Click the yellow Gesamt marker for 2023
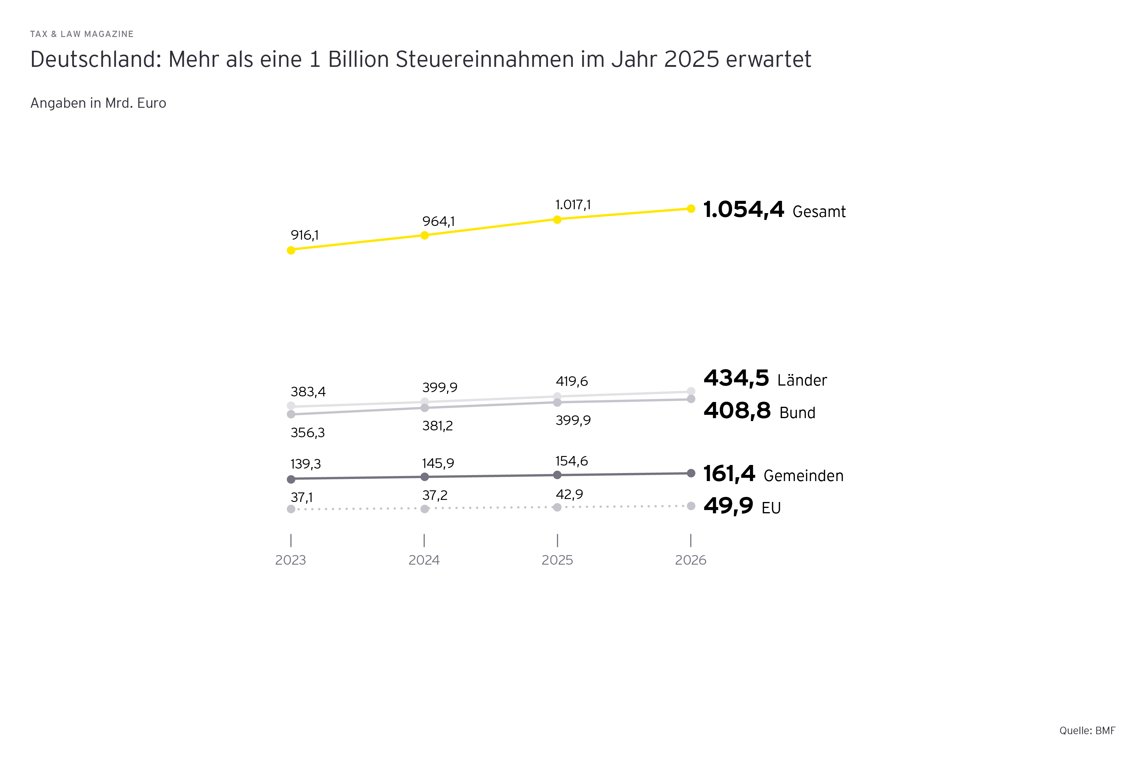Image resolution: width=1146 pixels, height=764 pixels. pos(291,250)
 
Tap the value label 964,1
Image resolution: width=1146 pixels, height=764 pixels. pos(438,222)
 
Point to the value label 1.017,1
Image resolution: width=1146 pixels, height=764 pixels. pos(573,205)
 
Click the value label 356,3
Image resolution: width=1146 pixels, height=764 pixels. pos(307,433)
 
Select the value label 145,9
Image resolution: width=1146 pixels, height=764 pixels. pos(438,463)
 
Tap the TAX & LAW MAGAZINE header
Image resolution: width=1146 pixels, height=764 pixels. pos(82,34)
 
